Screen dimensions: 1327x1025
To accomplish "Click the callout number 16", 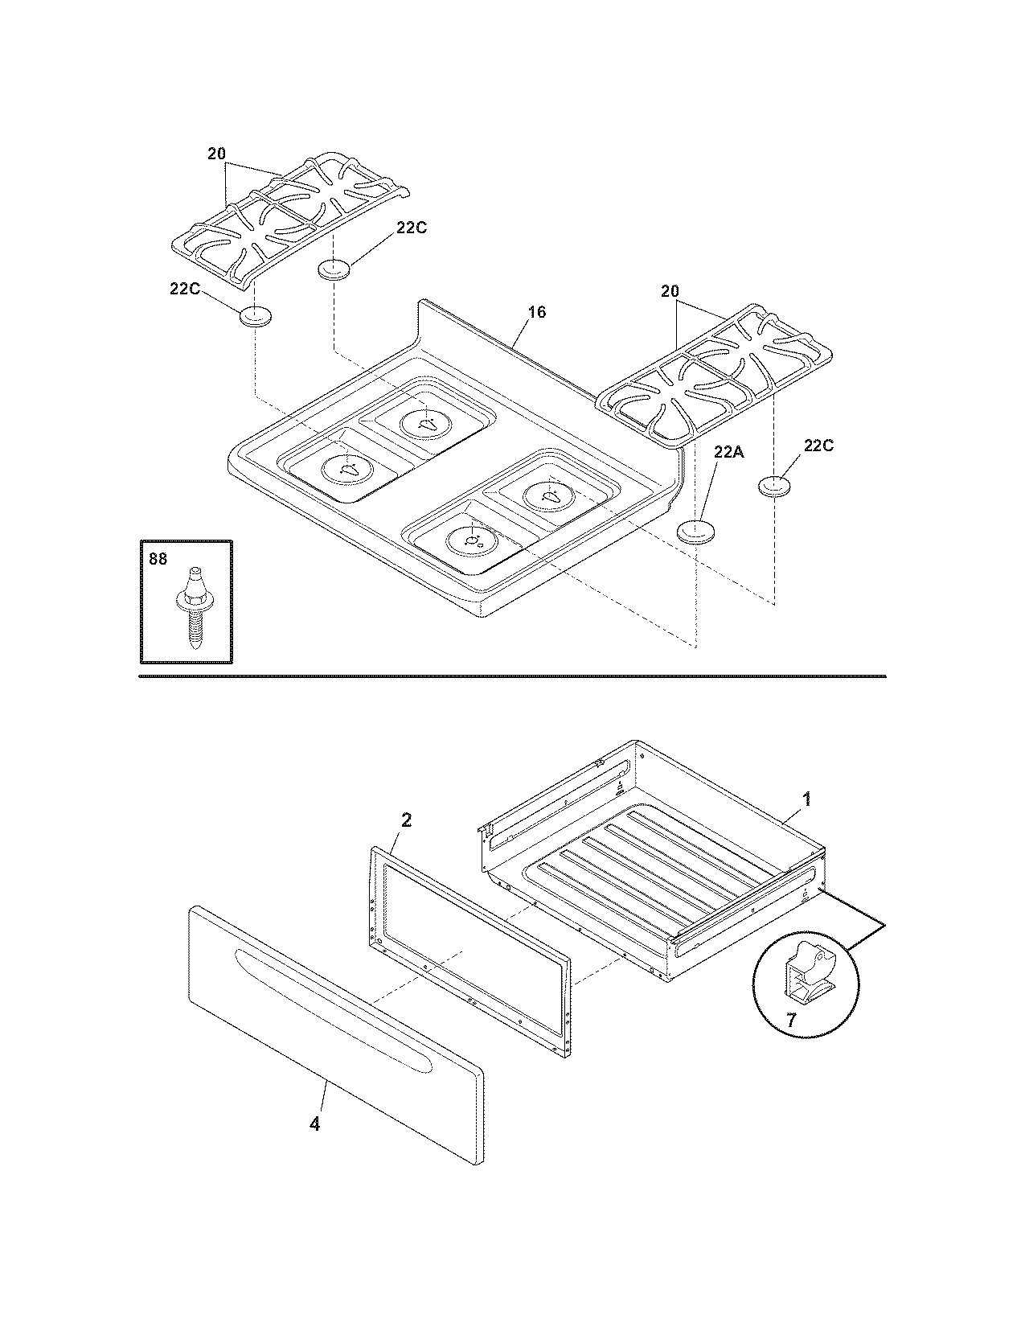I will click(x=536, y=312).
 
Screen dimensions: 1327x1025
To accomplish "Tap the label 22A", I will click(x=728, y=453).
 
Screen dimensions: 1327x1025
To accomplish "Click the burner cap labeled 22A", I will click(x=695, y=532).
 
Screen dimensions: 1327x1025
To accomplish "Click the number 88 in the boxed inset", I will click(x=158, y=558).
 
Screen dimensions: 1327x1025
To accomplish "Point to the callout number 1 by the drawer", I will click(x=807, y=799).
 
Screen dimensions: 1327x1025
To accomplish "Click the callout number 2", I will click(x=406, y=820).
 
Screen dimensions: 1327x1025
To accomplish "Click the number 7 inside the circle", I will click(x=790, y=1020).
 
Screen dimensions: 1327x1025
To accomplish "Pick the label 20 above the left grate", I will click(x=216, y=154).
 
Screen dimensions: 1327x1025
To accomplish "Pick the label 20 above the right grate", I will click(x=670, y=291).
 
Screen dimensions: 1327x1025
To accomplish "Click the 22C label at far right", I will click(x=817, y=446).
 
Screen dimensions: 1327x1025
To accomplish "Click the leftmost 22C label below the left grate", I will click(x=184, y=290).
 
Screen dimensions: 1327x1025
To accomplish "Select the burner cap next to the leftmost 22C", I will click(x=255, y=317).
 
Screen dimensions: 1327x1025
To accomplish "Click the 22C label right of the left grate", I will click(x=411, y=228).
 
